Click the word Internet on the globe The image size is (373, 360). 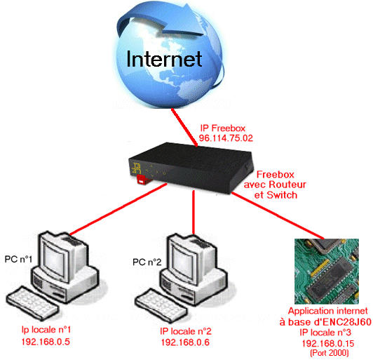tap(164, 59)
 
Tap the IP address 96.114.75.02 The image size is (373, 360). tap(226, 138)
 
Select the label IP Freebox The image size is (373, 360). tap(223, 128)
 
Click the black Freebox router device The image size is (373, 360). tap(190, 168)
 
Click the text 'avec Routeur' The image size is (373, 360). tap(275, 185)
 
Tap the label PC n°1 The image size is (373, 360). tap(18, 259)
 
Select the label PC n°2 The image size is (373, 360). tap(147, 262)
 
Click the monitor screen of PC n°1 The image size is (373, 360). tap(55, 259)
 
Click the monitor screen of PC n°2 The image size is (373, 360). tap(184, 262)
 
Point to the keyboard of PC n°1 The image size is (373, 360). tap(32, 301)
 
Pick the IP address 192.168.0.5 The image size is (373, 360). tap(46, 342)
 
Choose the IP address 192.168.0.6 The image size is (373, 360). tap(185, 342)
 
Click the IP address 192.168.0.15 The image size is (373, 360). tap(328, 344)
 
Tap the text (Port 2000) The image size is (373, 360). tap(330, 352)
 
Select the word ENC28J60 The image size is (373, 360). tap(346, 322)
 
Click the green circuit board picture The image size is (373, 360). tap(327, 272)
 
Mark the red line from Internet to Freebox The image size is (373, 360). tap(184, 128)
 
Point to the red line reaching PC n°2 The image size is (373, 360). tap(194, 212)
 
